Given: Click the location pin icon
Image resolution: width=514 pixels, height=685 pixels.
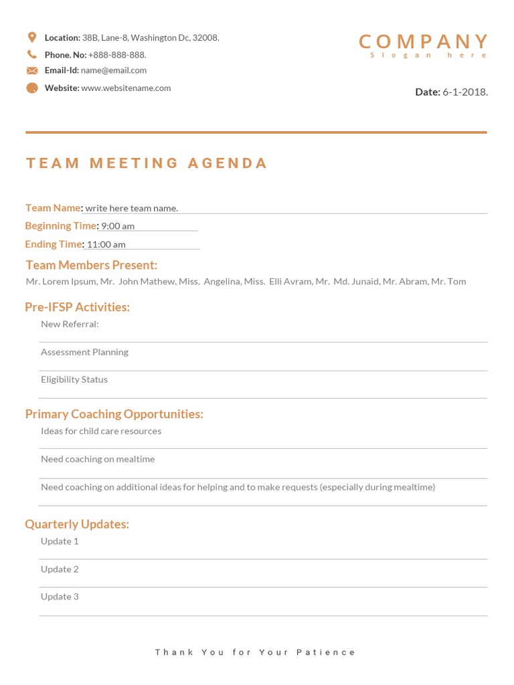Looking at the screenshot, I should click(32, 37).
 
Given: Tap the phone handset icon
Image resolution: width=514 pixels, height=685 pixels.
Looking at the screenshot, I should click(32, 54).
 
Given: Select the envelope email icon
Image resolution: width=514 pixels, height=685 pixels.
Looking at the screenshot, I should click(32, 70).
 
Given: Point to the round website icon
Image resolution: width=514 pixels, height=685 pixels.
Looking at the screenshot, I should click(32, 88).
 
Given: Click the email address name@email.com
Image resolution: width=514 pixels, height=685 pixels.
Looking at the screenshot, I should click(114, 70).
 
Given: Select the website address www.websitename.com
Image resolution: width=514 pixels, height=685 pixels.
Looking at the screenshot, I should click(126, 88).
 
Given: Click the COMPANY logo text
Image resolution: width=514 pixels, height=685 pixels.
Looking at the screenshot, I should click(423, 41).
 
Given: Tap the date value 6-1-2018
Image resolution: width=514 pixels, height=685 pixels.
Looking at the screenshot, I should click(465, 92).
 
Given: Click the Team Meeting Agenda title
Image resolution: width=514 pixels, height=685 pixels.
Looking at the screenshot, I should click(147, 163).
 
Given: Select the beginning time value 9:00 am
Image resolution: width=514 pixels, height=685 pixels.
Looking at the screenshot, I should click(118, 226).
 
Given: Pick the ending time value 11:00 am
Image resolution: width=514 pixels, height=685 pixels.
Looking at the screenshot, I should click(106, 244).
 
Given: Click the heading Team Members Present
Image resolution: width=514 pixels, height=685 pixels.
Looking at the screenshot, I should click(92, 265).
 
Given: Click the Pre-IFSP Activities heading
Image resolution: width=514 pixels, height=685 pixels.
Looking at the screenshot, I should click(78, 307).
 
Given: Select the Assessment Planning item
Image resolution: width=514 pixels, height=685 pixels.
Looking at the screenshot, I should click(84, 352).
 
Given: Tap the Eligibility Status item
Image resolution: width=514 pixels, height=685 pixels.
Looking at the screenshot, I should click(74, 379).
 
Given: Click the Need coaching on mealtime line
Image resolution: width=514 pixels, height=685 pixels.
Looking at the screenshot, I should click(98, 459).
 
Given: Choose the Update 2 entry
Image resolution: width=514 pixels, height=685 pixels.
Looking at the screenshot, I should click(60, 569).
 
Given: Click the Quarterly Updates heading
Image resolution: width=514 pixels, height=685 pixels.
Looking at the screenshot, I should click(77, 524).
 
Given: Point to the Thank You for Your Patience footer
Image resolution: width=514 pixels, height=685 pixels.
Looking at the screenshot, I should click(256, 652).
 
